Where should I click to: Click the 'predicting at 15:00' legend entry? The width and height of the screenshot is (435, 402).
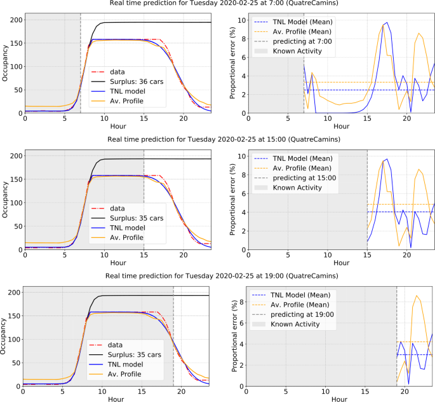[298, 177]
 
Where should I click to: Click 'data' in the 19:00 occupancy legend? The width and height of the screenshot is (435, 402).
[117, 344]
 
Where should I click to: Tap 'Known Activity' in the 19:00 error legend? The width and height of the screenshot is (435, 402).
[295, 324]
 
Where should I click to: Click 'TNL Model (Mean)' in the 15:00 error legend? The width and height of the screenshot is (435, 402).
[303, 157]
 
